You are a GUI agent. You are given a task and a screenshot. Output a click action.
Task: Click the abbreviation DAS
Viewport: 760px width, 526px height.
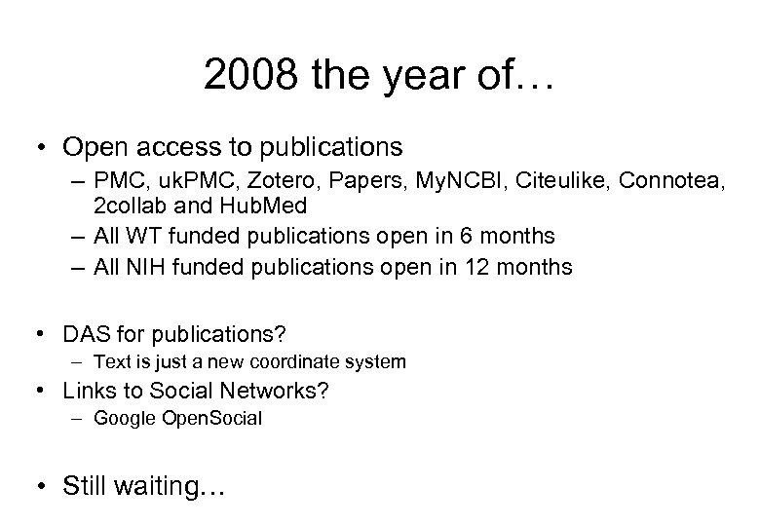[86, 335]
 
